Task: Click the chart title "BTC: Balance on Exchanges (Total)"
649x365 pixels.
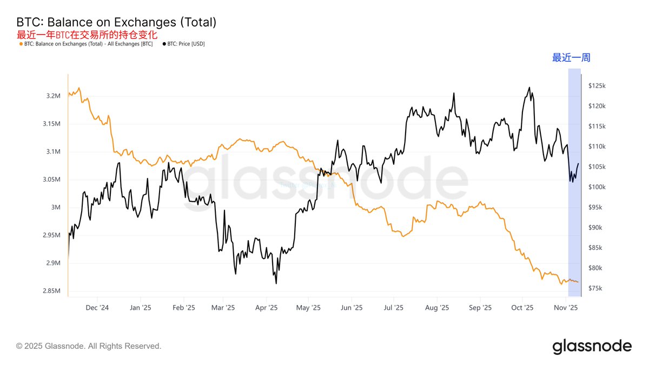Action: tap(116, 23)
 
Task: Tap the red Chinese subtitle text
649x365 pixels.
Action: tap(87, 35)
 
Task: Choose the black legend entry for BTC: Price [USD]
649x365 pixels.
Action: tap(183, 44)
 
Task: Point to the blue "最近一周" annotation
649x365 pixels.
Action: tap(571, 58)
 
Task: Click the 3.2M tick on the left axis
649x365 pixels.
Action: tap(54, 96)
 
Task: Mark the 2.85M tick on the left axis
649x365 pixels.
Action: tap(52, 291)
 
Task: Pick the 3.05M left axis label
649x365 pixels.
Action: tap(52, 180)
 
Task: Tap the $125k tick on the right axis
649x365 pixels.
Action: tap(598, 85)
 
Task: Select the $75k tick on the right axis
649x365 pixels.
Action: tap(596, 288)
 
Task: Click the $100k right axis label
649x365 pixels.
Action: tap(598, 187)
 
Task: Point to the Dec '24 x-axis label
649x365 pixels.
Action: tap(97, 307)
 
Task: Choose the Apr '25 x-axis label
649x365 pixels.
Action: tap(266, 307)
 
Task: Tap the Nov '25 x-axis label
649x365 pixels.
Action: tap(566, 307)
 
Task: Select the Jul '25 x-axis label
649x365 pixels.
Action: tap(394, 307)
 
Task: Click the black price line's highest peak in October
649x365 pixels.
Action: tap(529, 88)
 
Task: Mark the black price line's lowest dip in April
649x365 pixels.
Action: tap(276, 283)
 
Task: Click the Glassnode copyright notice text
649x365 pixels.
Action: tap(89, 346)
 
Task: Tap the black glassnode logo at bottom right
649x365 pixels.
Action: tap(592, 346)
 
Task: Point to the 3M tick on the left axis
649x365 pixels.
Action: tap(56, 207)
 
